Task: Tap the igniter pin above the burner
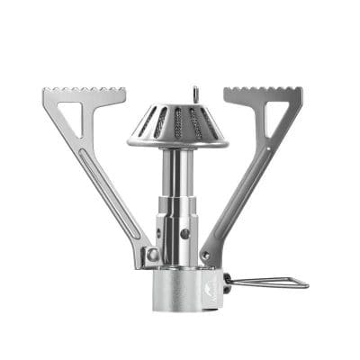195,94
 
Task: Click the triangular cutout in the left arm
67,112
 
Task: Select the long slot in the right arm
235,189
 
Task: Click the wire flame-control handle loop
270,283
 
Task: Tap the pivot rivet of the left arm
153,255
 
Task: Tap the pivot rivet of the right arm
205,255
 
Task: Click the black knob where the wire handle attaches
225,280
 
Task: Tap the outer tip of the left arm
45,91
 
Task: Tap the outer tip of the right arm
300,91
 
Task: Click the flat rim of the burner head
178,142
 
